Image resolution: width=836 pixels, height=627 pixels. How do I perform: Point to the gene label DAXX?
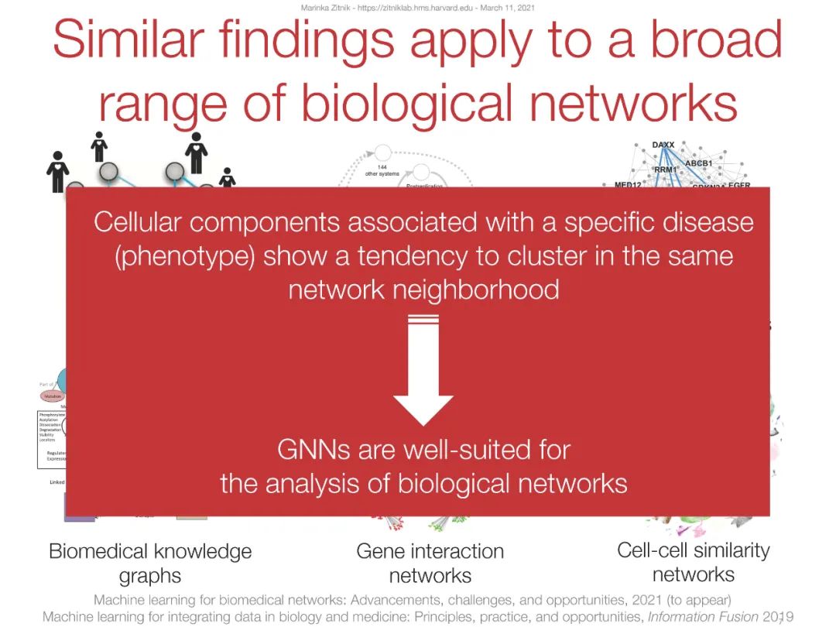click(663, 146)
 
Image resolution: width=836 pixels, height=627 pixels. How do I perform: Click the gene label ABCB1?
click(698, 163)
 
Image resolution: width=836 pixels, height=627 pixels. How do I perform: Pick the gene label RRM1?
click(665, 170)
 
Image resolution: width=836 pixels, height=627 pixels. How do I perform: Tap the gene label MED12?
click(628, 185)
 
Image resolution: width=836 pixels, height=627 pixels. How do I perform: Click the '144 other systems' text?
click(381, 170)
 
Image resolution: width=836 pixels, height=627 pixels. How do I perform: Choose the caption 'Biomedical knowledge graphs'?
click(150, 563)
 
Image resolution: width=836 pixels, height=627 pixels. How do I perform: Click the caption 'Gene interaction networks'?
click(430, 563)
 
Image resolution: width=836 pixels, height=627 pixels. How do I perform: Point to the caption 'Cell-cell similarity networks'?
click(693, 562)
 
